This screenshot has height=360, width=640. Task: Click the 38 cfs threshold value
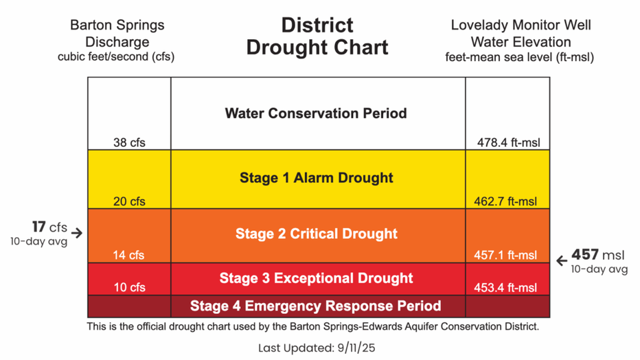point(129,143)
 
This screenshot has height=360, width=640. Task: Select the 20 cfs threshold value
point(129,202)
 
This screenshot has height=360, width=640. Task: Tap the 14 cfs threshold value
point(129,255)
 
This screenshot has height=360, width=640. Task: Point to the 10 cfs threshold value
point(129,287)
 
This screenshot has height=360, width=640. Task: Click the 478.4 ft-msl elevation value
point(508,143)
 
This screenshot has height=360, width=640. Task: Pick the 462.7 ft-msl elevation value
point(506,202)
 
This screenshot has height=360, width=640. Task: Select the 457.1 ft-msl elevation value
point(506,255)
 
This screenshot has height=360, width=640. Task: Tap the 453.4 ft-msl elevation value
point(506,287)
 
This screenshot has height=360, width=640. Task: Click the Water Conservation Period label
point(316,113)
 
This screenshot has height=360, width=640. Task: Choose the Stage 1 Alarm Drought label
point(317,178)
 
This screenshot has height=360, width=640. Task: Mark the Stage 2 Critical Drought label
point(317,234)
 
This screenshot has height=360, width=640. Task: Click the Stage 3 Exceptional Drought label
point(317,278)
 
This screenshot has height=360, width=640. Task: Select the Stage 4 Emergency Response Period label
point(316,306)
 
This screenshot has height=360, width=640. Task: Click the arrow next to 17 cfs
point(77,233)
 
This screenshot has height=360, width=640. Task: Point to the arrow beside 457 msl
point(561,261)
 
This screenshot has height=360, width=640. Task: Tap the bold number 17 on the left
point(38,227)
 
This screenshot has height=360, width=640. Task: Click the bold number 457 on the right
point(585,255)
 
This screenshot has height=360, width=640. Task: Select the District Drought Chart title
point(317,36)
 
